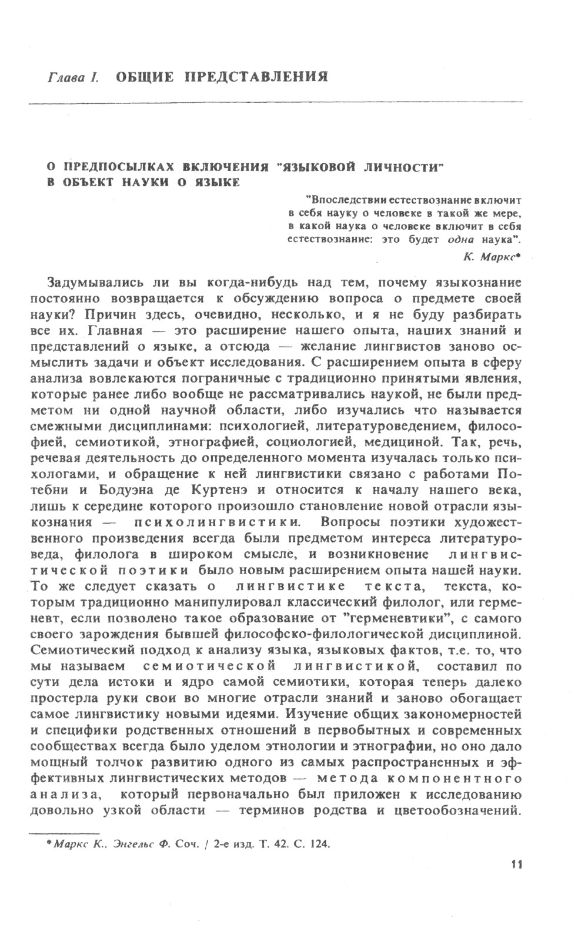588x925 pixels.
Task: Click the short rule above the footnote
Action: point(63,833)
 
